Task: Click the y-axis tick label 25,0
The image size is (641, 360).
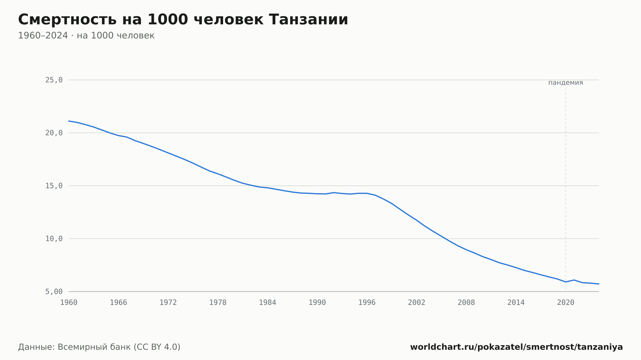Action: coord(54,80)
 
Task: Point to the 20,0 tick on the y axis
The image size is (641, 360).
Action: coord(54,133)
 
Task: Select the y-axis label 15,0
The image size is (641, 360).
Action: coord(54,186)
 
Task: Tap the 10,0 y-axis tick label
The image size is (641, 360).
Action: coord(54,239)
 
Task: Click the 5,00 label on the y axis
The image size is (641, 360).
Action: coord(54,291)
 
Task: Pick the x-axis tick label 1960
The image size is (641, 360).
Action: coord(69,303)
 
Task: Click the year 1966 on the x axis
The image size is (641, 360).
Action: coord(119,303)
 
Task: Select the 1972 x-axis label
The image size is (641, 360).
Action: coord(168,303)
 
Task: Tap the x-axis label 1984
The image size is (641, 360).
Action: coord(268,303)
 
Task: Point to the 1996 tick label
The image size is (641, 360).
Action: coord(367,303)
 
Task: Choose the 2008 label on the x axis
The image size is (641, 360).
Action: coord(466,303)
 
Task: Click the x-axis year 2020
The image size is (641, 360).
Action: coord(566,303)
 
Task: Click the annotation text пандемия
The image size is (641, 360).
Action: coord(566,83)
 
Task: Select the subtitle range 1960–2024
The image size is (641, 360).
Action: coord(43,36)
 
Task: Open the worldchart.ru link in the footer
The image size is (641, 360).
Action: coord(516,347)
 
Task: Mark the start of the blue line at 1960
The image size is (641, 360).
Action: coord(69,121)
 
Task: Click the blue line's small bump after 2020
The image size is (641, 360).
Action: coord(574,280)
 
